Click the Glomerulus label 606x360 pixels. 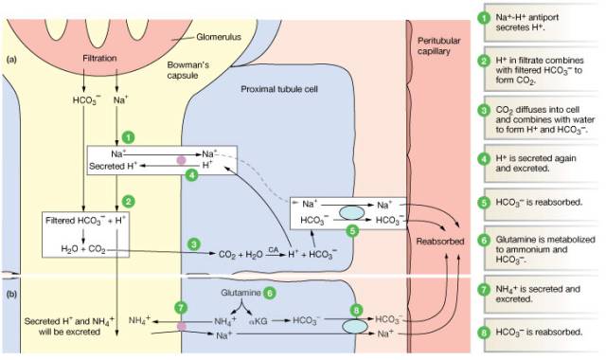pyautogui.click(x=219, y=37)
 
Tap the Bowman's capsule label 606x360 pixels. pyautogui.click(x=187, y=70)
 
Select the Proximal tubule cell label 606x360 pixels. pyautogui.click(x=279, y=89)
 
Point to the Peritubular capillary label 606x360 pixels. pyautogui.click(x=438, y=45)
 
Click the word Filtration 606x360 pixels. pyautogui.click(x=99, y=58)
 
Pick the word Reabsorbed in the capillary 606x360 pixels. pyautogui.click(x=439, y=242)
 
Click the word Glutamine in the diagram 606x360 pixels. pyautogui.click(x=241, y=293)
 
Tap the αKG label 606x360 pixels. pyautogui.click(x=258, y=320)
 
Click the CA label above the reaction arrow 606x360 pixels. pyautogui.click(x=274, y=250)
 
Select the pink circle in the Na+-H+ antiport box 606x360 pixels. pyautogui.click(x=181, y=160)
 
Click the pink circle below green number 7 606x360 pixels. pyautogui.click(x=181, y=326)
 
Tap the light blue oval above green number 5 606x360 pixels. pyautogui.click(x=351, y=212)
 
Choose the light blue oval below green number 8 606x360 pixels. pyautogui.click(x=355, y=326)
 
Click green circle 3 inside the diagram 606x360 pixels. pyautogui.click(x=194, y=244)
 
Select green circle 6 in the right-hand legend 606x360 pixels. pyautogui.click(x=484, y=240)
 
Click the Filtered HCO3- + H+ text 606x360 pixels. pyautogui.click(x=85, y=221)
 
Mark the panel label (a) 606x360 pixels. pyautogui.click(x=11, y=59)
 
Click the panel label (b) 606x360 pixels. pyautogui.click(x=11, y=294)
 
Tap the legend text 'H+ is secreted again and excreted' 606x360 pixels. pyautogui.click(x=536, y=163)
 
